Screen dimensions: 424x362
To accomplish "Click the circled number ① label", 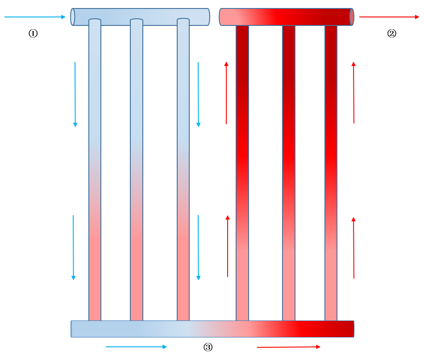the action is [x=33, y=33].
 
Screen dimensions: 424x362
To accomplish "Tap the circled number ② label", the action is [x=391, y=33].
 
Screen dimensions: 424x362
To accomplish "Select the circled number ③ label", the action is [x=208, y=347].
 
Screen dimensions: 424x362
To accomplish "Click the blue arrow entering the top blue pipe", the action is [x=35, y=17].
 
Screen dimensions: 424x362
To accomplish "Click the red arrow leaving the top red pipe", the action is [x=389, y=17].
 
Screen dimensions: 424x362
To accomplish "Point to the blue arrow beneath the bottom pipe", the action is [x=136, y=347].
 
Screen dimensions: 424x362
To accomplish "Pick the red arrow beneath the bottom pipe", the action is [x=288, y=347].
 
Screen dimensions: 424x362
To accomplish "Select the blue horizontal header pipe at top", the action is [x=140, y=17].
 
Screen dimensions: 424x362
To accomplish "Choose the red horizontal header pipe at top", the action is [x=287, y=17].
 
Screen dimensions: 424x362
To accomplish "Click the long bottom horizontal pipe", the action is [x=212, y=329].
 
